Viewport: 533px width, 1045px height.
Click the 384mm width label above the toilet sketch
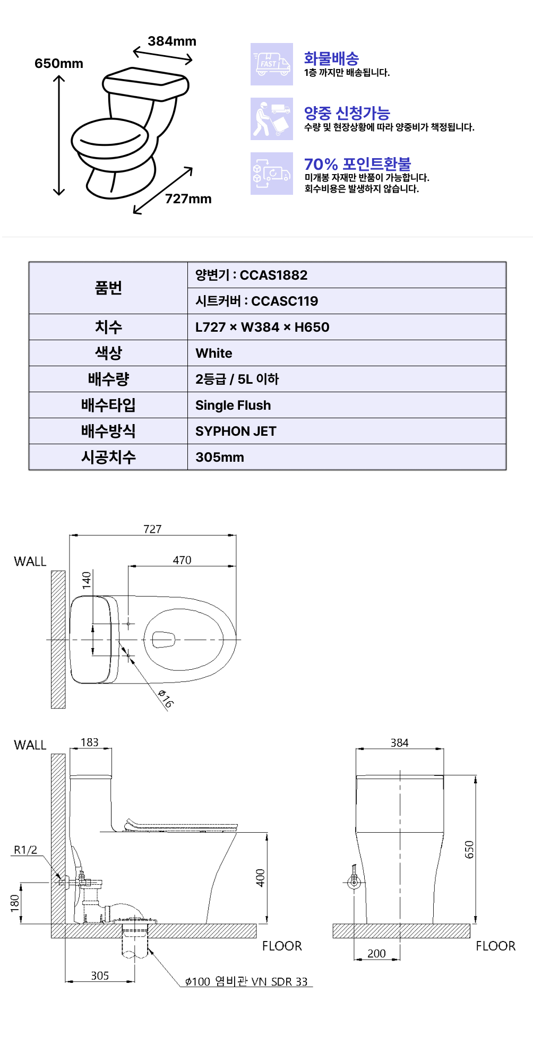[x=172, y=41]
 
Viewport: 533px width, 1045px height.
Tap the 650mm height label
[x=59, y=64]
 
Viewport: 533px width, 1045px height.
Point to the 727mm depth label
[x=188, y=199]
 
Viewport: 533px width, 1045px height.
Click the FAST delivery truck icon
[x=272, y=64]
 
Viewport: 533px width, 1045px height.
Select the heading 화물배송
[x=331, y=58]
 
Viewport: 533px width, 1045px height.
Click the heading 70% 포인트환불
[x=357, y=164]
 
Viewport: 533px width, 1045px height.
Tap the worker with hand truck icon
[x=272, y=119]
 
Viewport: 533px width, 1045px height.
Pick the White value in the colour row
[x=213, y=353]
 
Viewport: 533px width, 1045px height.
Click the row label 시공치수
[x=108, y=457]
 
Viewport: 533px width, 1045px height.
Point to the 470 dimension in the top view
[x=182, y=560]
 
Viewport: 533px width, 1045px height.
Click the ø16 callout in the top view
[x=166, y=699]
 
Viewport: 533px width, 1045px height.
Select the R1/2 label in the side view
[x=25, y=850]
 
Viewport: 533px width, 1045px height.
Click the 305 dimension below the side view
[x=100, y=975]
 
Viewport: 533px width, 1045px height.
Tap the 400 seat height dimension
[x=260, y=878]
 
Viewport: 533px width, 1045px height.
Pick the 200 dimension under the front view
[x=376, y=953]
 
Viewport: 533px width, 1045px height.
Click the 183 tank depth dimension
[x=90, y=742]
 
